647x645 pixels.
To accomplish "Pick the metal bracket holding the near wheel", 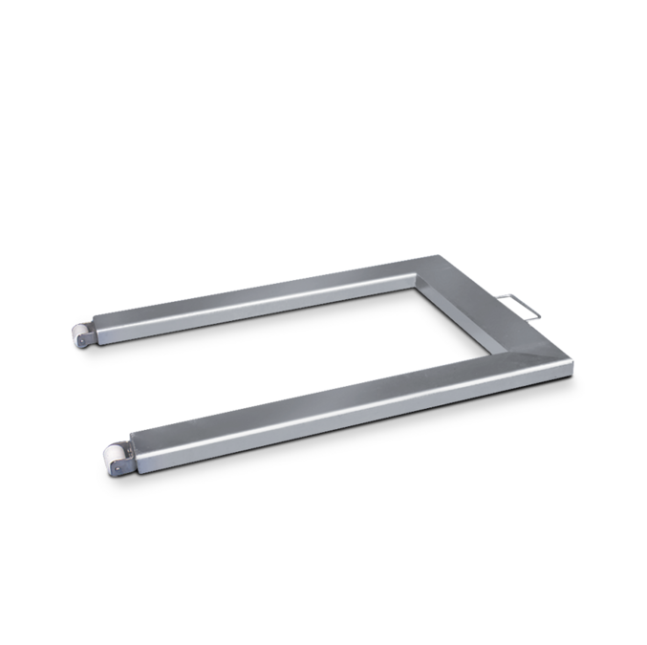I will click(x=120, y=457).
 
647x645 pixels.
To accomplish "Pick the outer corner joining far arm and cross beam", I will click(x=442, y=255).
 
